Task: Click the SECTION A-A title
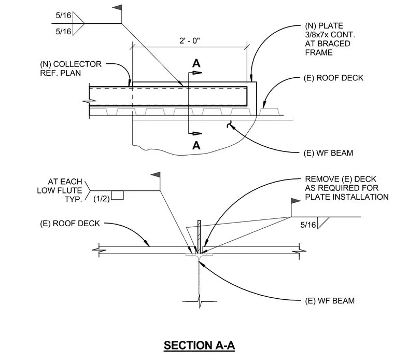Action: coord(199,345)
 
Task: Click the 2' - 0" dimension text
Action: coord(190,40)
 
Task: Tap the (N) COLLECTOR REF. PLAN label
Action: coord(71,68)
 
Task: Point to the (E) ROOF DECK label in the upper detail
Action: coord(333,78)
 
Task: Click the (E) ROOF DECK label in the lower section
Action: coord(70,224)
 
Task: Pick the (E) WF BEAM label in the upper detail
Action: coord(328,153)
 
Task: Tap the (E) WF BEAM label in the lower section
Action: coord(330,301)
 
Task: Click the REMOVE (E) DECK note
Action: coord(347,188)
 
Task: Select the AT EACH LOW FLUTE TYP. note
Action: coord(60,190)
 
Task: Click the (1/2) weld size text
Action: coord(102,199)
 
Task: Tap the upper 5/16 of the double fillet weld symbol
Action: coord(63,16)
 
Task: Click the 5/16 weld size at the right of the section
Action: coord(308,225)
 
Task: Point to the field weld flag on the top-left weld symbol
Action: coord(118,8)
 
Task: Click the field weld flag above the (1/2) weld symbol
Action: coord(156,175)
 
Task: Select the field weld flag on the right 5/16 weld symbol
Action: coord(295,201)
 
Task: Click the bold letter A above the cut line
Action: coord(196,63)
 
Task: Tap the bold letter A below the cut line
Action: coord(196,145)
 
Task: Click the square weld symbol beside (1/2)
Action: coord(117,196)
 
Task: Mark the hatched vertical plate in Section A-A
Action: coord(199,237)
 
